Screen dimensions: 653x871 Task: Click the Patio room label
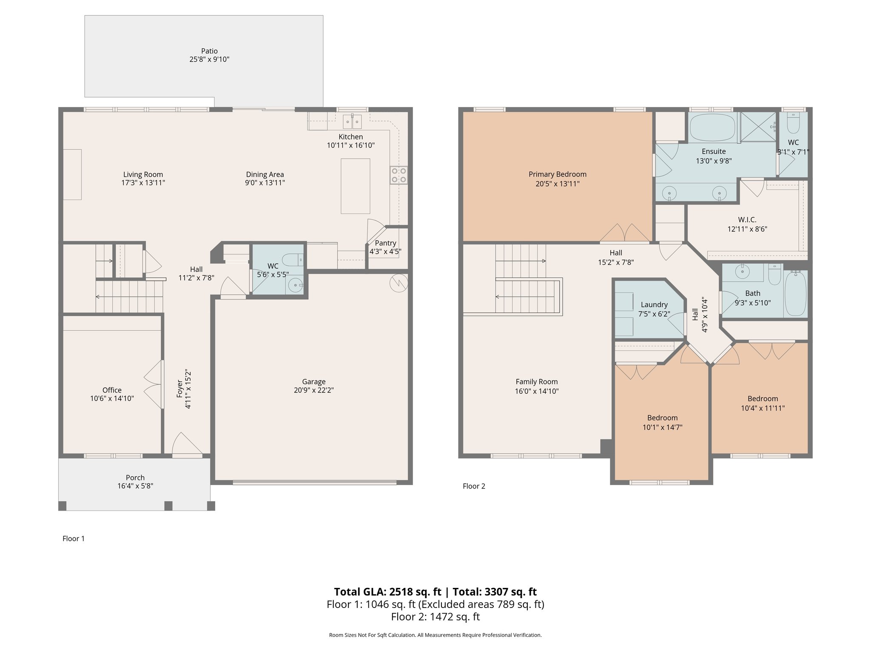pyautogui.click(x=209, y=51)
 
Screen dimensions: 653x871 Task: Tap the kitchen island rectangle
pyautogui.click(x=355, y=186)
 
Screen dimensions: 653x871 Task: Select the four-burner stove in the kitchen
pyautogui.click(x=398, y=175)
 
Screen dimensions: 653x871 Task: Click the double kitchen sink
pyautogui.click(x=352, y=122)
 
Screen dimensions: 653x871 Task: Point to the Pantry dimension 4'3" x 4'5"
pyautogui.click(x=385, y=251)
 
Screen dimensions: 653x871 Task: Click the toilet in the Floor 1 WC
pyautogui.click(x=293, y=259)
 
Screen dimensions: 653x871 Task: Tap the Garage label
pyautogui.click(x=313, y=382)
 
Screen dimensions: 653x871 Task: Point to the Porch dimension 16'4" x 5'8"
pyautogui.click(x=135, y=486)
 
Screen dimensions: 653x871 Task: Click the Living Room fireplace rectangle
pyautogui.click(x=72, y=174)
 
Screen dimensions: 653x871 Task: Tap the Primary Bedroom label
pyautogui.click(x=557, y=174)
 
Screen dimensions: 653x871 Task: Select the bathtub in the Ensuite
pyautogui.click(x=712, y=127)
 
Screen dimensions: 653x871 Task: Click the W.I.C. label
pyautogui.click(x=747, y=220)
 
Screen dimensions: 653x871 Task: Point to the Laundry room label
pyautogui.click(x=654, y=305)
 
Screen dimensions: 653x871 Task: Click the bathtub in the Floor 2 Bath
pyautogui.click(x=795, y=293)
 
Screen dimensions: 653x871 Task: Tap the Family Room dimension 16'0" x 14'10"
pyautogui.click(x=536, y=391)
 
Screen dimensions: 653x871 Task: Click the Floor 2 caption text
pyautogui.click(x=474, y=486)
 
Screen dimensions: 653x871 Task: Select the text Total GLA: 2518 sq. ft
pyautogui.click(x=387, y=592)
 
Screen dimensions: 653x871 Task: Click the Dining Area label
pyautogui.click(x=265, y=174)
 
